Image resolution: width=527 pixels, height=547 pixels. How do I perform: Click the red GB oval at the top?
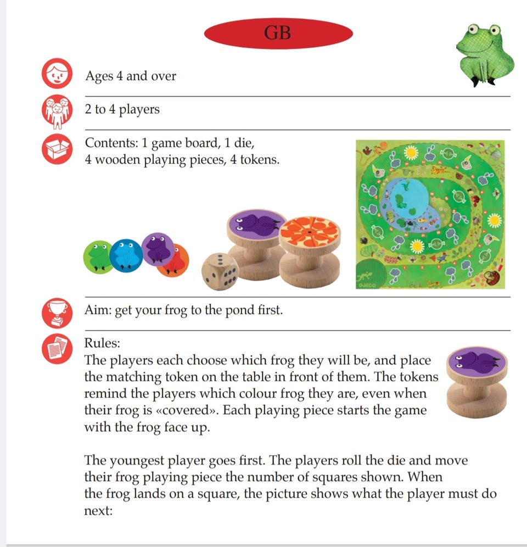tap(278, 34)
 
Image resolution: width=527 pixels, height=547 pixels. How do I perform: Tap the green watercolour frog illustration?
tap(484, 54)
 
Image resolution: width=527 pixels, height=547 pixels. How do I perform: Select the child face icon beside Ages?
tap(57, 73)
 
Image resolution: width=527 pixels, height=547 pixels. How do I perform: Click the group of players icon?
tap(57, 110)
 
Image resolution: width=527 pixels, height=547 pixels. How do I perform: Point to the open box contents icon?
tap(57, 149)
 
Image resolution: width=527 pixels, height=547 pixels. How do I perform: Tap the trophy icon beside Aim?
tap(57, 313)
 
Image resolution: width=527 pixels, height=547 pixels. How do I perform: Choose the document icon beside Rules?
tap(57, 349)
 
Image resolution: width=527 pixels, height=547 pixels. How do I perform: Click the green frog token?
tap(98, 257)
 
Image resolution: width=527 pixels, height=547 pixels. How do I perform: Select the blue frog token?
tap(126, 255)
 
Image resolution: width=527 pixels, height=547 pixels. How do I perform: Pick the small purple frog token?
tap(158, 249)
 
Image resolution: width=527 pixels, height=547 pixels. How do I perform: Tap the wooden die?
tap(221, 271)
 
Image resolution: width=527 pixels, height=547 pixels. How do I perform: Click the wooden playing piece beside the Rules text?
tap(477, 382)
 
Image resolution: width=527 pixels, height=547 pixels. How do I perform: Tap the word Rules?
tap(102, 343)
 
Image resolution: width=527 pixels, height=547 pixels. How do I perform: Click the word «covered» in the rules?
tap(187, 410)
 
